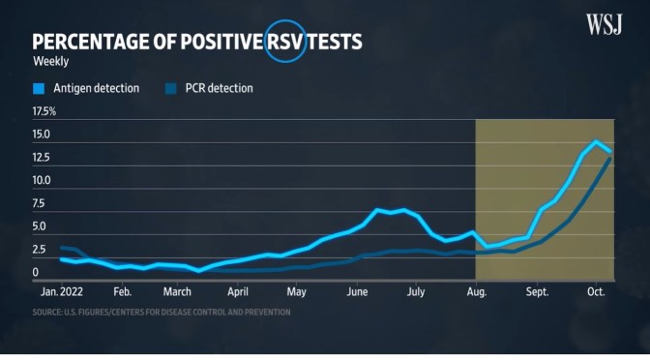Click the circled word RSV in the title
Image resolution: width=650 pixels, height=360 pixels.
pyautogui.click(x=285, y=42)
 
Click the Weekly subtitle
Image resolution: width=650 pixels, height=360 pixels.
pyautogui.click(x=49, y=62)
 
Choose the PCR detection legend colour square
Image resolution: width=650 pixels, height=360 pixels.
pyautogui.click(x=170, y=89)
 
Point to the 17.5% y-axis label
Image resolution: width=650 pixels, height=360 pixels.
pyautogui.click(x=44, y=111)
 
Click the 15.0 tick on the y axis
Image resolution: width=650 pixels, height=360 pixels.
pyautogui.click(x=42, y=135)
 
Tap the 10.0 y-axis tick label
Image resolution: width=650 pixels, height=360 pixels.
pyautogui.click(x=42, y=181)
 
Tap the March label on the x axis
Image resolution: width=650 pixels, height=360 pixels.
pyautogui.click(x=177, y=290)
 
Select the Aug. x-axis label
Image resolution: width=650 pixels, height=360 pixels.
pyautogui.click(x=476, y=290)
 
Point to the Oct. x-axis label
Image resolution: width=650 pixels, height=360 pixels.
pyautogui.click(x=595, y=290)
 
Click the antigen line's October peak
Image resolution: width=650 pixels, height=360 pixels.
pyautogui.click(x=597, y=142)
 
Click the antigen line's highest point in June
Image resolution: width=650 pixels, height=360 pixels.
pyautogui.click(x=377, y=209)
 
